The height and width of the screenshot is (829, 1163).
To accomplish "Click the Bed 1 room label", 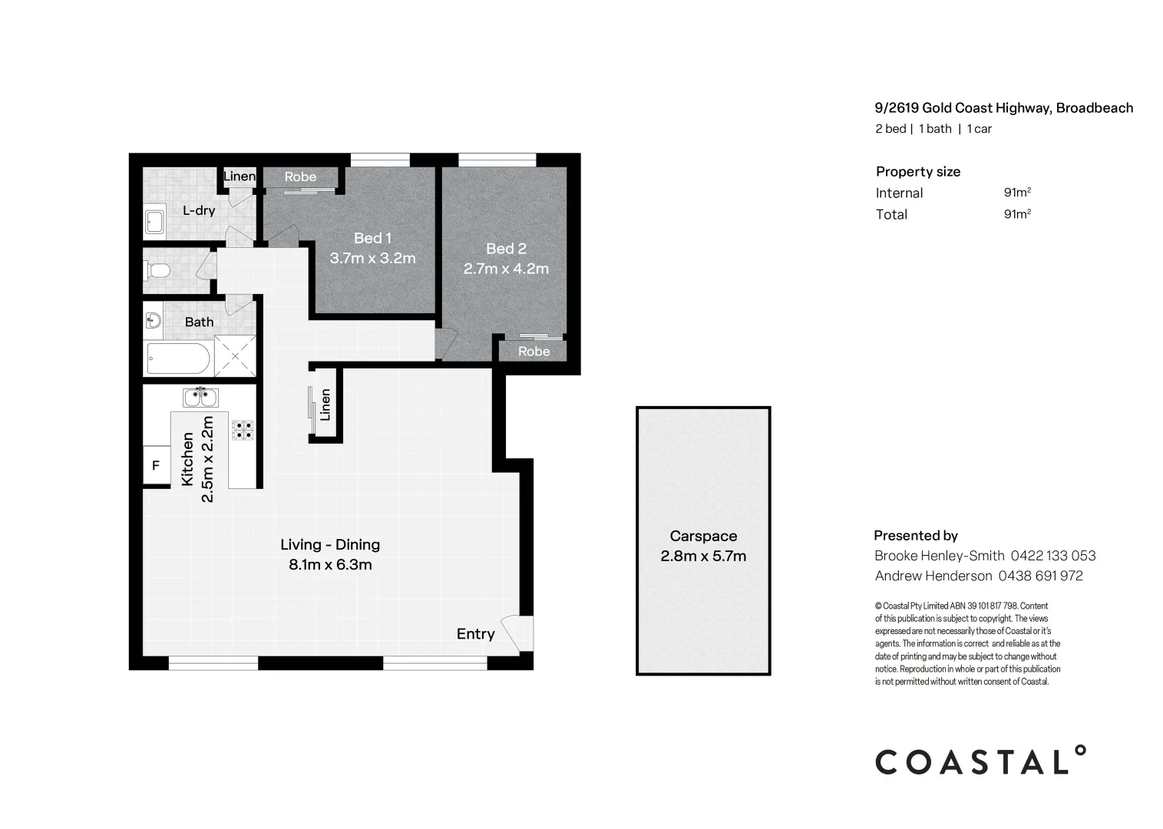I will pyautogui.click(x=372, y=238).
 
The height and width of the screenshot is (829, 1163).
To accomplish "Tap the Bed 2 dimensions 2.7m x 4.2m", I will pyautogui.click(x=506, y=269).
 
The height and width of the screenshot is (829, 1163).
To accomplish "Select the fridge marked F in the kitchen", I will pyautogui.click(x=157, y=466).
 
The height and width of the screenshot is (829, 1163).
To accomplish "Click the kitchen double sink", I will pyautogui.click(x=200, y=398).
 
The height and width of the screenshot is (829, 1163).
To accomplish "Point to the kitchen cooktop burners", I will pyautogui.click(x=243, y=430).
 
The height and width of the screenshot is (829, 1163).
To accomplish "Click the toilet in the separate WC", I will pyautogui.click(x=159, y=270).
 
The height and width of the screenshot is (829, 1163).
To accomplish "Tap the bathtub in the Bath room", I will pyautogui.click(x=178, y=358).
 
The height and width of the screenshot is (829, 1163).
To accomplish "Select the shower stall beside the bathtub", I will pyautogui.click(x=234, y=356).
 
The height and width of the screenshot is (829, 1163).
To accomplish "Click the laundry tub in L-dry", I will pyautogui.click(x=154, y=222).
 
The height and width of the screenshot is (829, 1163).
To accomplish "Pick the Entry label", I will pyautogui.click(x=475, y=634).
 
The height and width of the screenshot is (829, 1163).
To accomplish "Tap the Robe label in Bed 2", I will pyautogui.click(x=534, y=352).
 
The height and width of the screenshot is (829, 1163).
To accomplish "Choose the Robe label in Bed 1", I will pyautogui.click(x=300, y=177).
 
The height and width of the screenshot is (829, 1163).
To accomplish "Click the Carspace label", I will pyautogui.click(x=703, y=537).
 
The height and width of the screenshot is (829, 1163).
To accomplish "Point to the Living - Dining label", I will pyautogui.click(x=330, y=545).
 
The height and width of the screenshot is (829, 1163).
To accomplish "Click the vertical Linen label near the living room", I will pyautogui.click(x=325, y=405).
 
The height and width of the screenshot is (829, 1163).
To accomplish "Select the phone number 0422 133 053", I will pyautogui.click(x=1053, y=556).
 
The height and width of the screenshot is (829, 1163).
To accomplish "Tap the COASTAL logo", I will pyautogui.click(x=981, y=761).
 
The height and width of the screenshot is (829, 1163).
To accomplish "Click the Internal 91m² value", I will pyautogui.click(x=1017, y=193).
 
